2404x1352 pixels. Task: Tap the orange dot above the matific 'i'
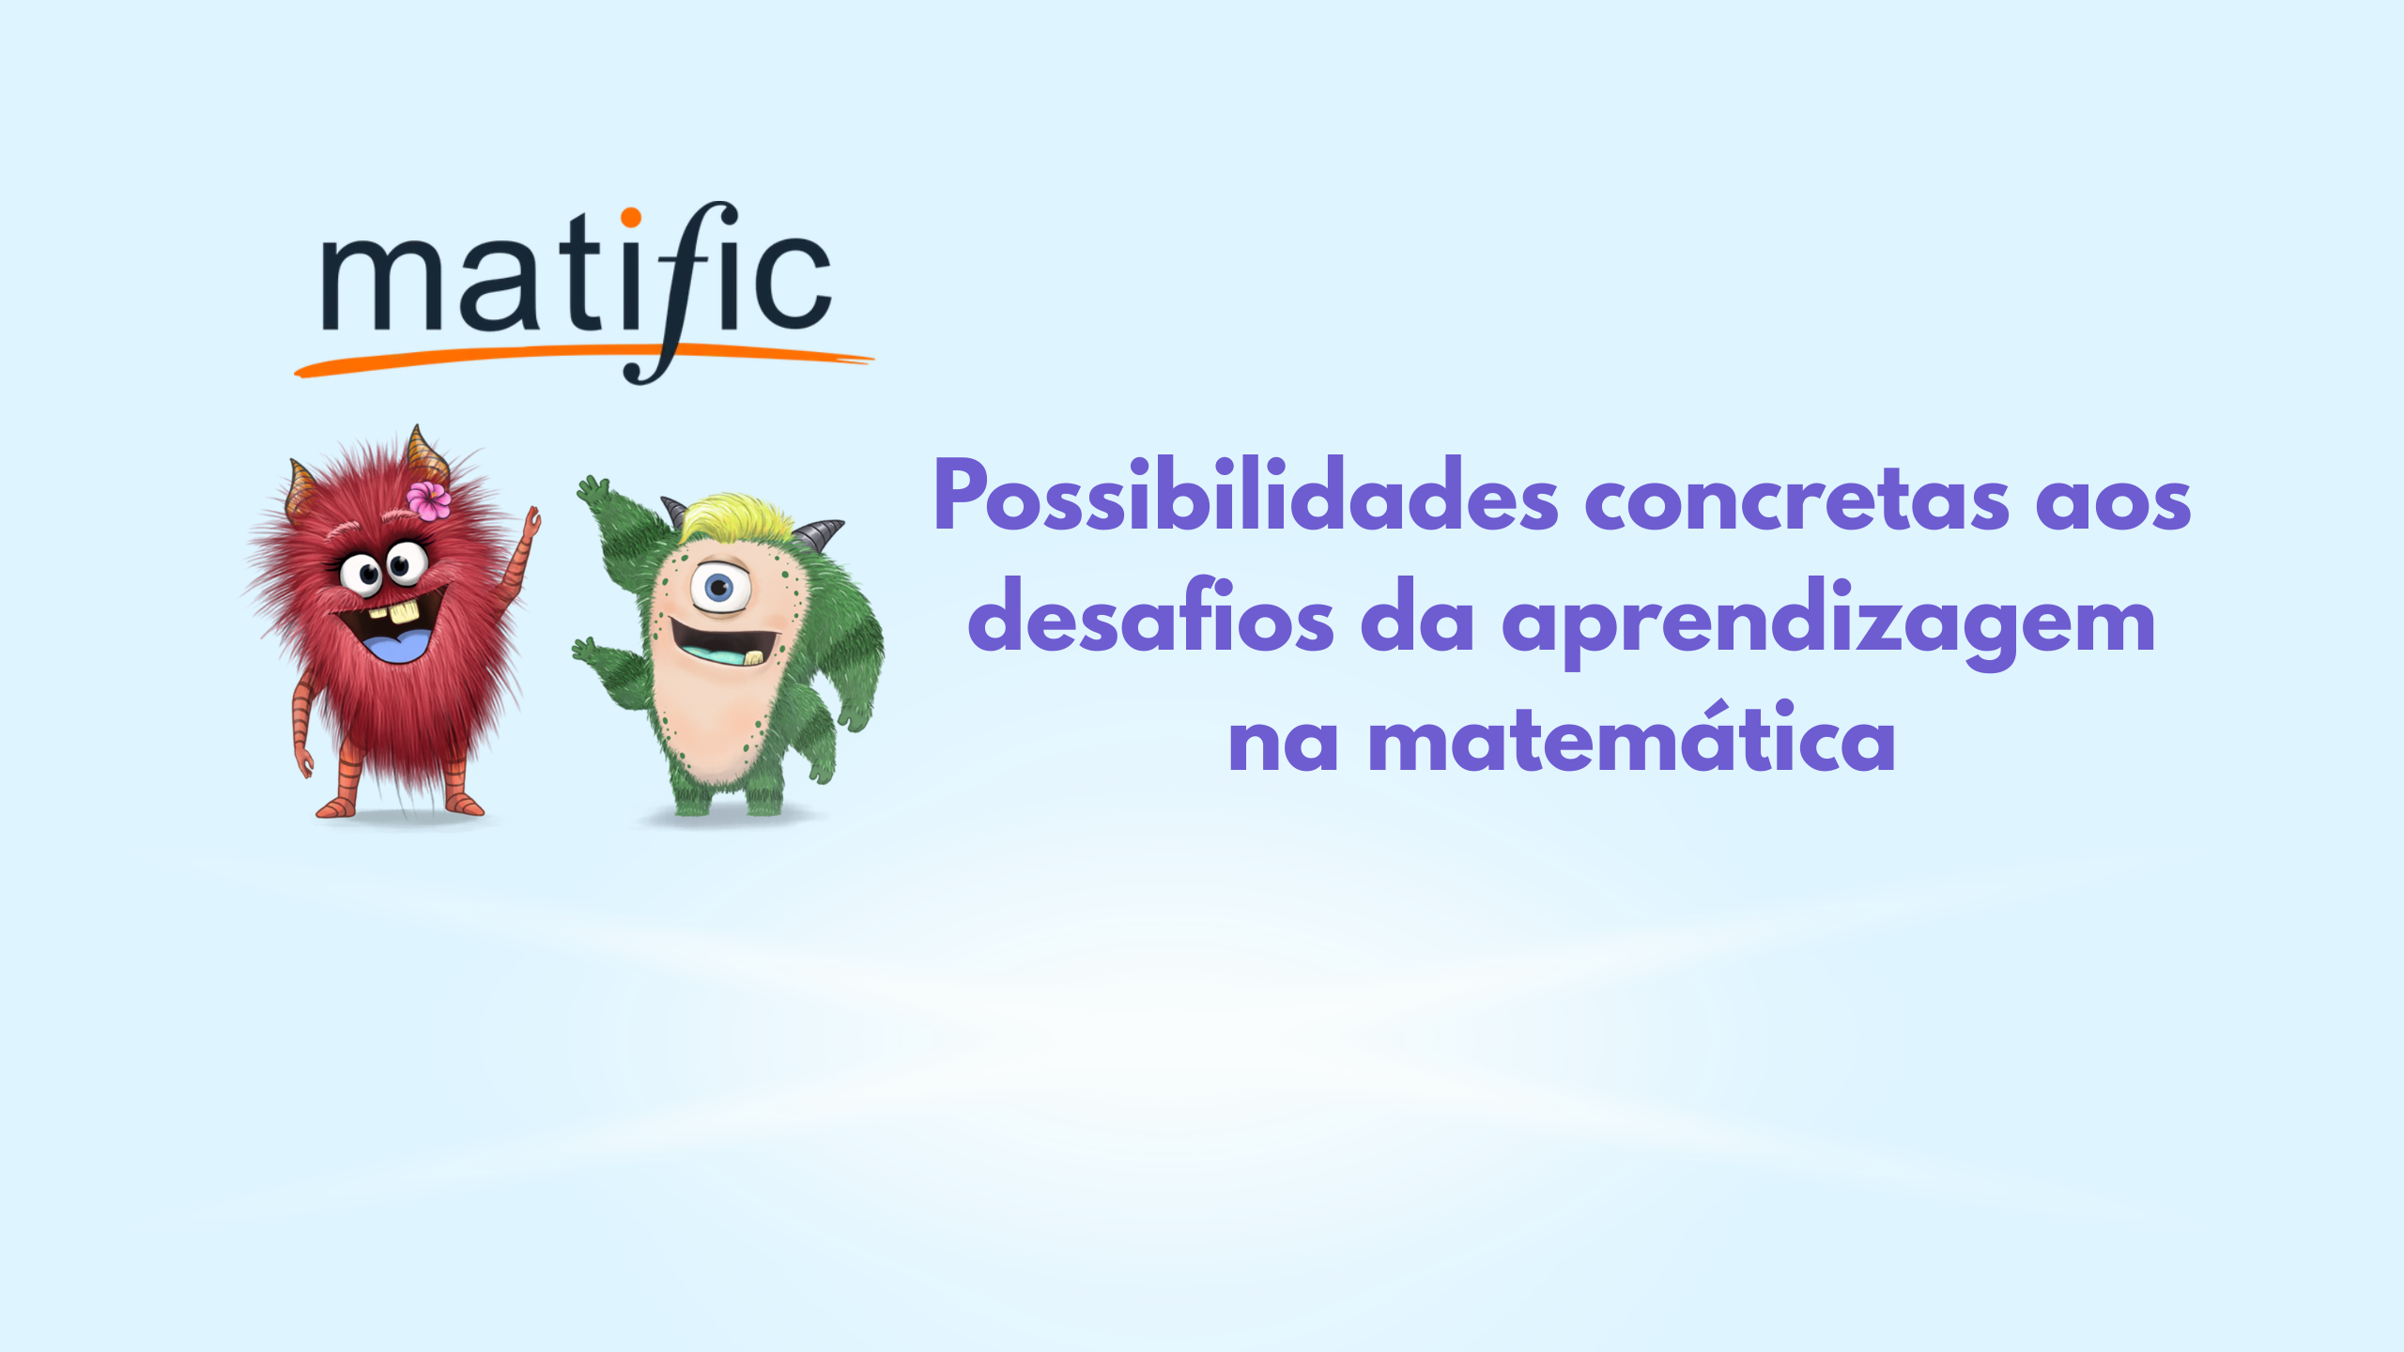[631, 218]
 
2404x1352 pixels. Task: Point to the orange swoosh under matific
[584, 361]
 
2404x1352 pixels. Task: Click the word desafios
[1150, 616]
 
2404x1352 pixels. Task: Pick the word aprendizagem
[1828, 623]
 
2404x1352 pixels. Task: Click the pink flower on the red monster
[428, 499]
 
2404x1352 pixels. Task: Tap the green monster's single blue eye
[720, 588]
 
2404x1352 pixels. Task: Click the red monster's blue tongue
[398, 647]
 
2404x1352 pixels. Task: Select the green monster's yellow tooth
[753, 657]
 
